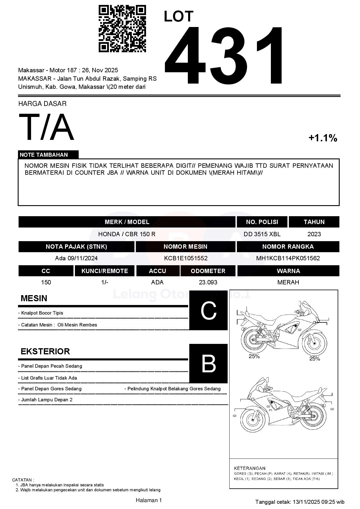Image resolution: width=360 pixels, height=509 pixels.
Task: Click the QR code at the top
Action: click(122, 28)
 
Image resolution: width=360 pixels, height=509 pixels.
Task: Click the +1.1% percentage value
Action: click(323, 138)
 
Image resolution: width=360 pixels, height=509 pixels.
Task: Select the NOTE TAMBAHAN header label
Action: click(44, 155)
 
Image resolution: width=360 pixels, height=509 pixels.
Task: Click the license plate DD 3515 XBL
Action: click(262, 234)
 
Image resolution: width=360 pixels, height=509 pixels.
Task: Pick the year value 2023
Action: click(314, 234)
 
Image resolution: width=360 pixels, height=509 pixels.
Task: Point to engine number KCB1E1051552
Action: click(186, 258)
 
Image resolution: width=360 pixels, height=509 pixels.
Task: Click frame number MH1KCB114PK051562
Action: click(288, 258)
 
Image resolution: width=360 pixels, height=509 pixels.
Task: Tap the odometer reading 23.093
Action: click(208, 282)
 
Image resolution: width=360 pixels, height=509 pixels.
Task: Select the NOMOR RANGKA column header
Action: click(288, 247)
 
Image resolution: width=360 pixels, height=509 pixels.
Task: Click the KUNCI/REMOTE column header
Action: click(105, 271)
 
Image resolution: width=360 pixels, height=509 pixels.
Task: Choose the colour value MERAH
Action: click(288, 282)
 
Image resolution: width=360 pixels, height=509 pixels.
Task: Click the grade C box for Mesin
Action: click(208, 311)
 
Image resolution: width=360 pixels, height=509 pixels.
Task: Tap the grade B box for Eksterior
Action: click(208, 363)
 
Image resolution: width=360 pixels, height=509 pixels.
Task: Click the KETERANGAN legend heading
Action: click(249, 468)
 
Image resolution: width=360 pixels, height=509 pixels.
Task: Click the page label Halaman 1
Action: click(149, 500)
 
